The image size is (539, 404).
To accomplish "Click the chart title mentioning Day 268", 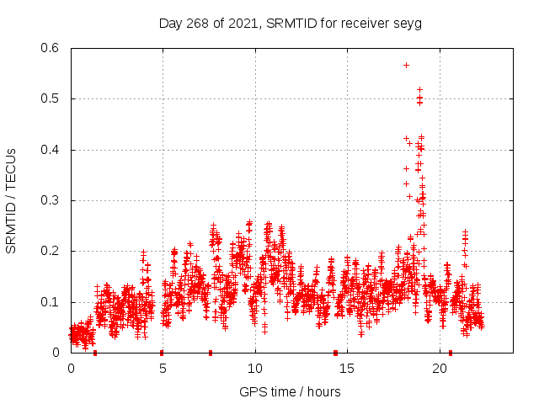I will (x=290, y=24).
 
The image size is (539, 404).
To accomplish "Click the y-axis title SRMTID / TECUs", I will (x=11, y=201).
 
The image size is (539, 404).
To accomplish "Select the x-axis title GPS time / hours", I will (x=290, y=391).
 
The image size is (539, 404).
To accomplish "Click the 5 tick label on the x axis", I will (x=163, y=369).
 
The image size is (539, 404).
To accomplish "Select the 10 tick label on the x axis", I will (x=255, y=369).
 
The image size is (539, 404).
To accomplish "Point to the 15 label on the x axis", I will (x=348, y=369).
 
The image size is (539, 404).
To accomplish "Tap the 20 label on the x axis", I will (x=440, y=369).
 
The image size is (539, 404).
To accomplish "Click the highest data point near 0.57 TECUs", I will (x=406, y=65).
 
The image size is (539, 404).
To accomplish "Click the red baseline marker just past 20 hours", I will (x=451, y=353).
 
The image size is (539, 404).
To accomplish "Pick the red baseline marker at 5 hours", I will (x=162, y=353).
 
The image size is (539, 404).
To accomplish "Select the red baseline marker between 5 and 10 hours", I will (x=211, y=353).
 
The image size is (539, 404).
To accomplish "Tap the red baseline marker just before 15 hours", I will (x=335, y=353).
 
